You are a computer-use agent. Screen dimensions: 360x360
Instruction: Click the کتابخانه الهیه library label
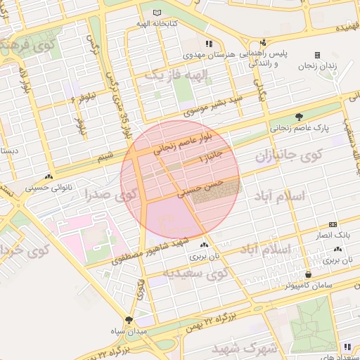pos(157,24)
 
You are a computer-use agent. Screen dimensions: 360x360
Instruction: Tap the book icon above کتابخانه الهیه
pos(157,13)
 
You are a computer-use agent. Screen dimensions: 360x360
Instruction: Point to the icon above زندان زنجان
pos(317,55)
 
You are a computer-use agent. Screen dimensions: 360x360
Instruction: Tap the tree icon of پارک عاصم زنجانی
pos(300,117)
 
